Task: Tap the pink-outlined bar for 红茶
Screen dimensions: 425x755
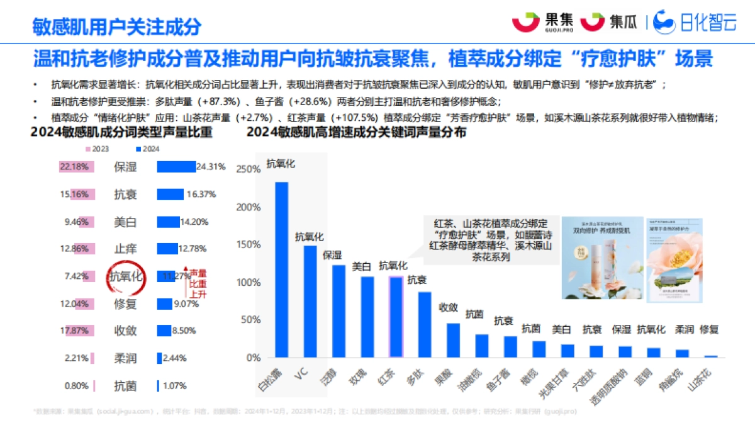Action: [396, 317]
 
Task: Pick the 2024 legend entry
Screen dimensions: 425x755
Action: [148, 149]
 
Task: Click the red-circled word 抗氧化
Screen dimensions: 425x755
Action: [126, 276]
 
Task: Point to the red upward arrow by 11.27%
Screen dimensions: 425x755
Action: [186, 286]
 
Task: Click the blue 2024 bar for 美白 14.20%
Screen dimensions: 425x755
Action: [168, 222]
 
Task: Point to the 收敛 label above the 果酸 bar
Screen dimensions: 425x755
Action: [448, 307]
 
